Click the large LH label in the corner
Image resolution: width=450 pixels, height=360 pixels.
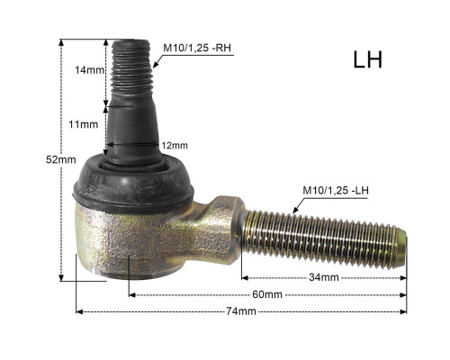click(368, 60)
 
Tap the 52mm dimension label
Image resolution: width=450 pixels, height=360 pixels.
click(61, 159)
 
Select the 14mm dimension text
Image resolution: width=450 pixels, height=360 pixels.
click(89, 70)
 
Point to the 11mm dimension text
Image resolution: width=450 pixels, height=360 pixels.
click(84, 124)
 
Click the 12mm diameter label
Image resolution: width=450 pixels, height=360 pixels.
click(175, 146)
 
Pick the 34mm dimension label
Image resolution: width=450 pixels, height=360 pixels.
click(324, 277)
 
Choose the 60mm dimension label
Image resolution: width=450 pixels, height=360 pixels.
click(267, 294)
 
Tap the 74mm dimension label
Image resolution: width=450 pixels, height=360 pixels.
click(241, 311)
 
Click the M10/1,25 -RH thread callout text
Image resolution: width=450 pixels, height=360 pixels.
click(197, 48)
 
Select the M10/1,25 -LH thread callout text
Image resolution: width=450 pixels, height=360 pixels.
click(336, 191)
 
